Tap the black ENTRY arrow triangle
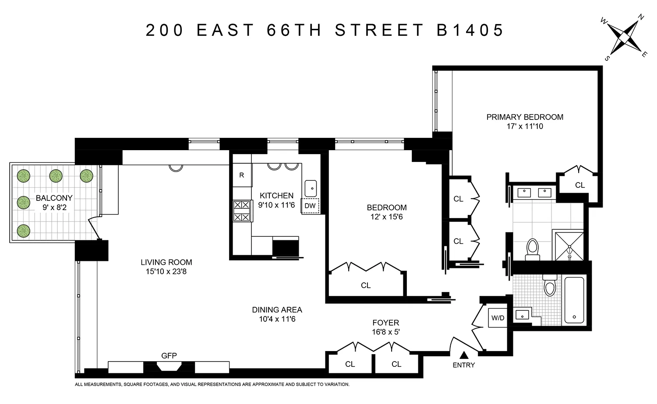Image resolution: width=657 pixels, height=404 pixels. click(x=464, y=355)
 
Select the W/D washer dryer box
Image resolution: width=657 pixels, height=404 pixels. click(x=498, y=318)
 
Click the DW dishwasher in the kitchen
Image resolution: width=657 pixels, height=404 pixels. click(x=310, y=206)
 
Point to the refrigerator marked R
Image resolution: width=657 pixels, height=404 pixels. click(x=242, y=175)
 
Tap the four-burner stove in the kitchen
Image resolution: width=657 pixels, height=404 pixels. click(x=242, y=211)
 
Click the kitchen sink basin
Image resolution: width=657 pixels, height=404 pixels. click(x=311, y=188)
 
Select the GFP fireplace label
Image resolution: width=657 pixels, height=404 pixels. click(x=169, y=356)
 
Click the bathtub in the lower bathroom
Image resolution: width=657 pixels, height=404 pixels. click(x=574, y=300)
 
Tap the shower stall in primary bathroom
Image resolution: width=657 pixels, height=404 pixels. click(x=569, y=246)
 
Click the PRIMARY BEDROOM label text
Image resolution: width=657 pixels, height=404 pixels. click(x=525, y=117)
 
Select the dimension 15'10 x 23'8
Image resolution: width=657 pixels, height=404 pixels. click(x=166, y=272)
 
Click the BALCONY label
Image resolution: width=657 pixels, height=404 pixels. click(x=54, y=198)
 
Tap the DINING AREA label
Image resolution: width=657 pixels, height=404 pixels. click(x=277, y=309)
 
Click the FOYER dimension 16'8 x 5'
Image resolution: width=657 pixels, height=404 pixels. click(x=385, y=332)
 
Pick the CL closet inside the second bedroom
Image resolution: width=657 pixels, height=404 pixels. click(x=366, y=285)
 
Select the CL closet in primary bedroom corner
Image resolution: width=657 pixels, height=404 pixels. click(x=580, y=185)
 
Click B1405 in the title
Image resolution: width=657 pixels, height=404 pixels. click(x=470, y=30)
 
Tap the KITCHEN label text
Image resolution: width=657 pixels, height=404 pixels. click(x=276, y=196)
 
